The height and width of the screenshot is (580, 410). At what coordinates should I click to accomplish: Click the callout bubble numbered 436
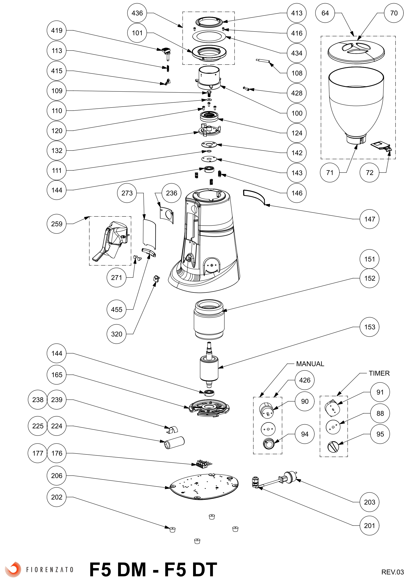137,13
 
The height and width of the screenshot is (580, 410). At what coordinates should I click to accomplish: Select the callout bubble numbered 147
369,219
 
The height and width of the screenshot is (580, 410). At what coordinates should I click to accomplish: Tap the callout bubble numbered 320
116,334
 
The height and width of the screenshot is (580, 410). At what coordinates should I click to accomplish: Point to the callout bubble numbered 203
369,502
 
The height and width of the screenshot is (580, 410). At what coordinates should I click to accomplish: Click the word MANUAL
310,364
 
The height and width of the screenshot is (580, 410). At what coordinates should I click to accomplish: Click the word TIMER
379,373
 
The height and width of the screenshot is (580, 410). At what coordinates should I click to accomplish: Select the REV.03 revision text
392,572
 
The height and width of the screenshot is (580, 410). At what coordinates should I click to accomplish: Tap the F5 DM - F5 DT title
153,569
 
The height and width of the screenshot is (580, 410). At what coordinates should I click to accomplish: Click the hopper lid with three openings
356,52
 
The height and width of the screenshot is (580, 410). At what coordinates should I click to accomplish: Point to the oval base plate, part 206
204,487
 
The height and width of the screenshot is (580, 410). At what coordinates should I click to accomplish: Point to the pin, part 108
263,61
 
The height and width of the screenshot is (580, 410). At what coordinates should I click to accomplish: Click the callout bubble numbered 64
325,13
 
